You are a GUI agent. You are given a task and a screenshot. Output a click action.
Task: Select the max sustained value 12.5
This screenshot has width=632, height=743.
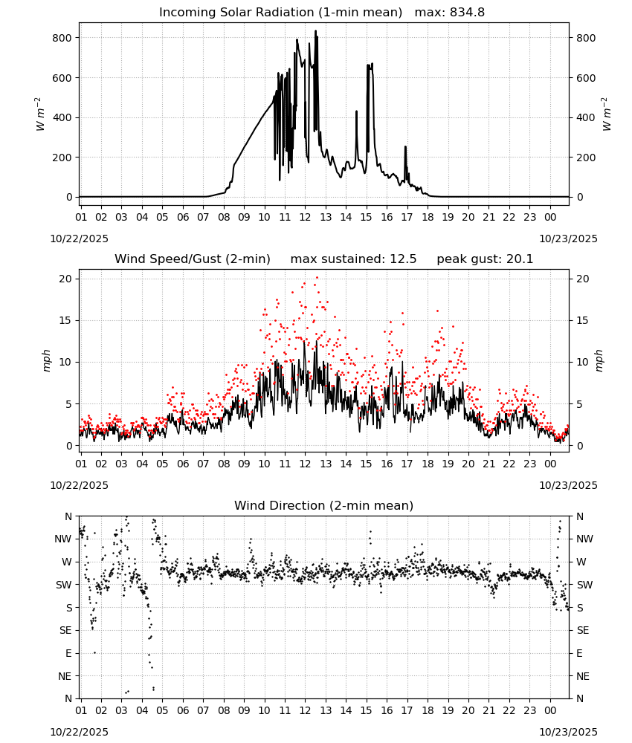(403, 259)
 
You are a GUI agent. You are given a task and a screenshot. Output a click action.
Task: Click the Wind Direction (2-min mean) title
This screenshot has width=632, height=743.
(324, 505)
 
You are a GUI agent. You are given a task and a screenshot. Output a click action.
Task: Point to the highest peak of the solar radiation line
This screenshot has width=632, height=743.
(315, 31)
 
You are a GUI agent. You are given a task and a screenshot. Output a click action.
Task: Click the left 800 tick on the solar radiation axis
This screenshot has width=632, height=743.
(62, 38)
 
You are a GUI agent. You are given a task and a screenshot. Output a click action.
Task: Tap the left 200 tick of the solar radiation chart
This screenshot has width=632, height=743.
(62, 158)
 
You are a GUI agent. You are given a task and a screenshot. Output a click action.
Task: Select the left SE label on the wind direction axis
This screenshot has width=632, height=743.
(65, 630)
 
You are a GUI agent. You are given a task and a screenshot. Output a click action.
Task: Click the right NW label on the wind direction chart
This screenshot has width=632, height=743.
(584, 539)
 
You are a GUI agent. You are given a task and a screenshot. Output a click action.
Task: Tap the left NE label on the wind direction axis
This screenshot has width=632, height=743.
(65, 676)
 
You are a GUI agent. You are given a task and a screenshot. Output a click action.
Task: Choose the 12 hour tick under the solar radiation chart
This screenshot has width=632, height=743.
(305, 217)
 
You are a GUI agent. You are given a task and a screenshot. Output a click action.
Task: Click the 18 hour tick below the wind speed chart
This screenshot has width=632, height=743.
(428, 464)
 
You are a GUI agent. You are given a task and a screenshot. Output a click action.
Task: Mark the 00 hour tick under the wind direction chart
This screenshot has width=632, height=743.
(550, 710)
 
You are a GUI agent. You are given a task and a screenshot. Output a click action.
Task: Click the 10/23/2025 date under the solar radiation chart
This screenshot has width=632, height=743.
(568, 239)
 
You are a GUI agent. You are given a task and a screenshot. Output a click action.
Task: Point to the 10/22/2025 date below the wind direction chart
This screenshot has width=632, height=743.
(79, 732)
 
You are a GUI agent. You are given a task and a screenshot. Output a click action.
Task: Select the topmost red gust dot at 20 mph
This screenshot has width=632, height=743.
(317, 278)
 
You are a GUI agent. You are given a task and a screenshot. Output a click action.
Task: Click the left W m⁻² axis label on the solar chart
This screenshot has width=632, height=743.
(40, 114)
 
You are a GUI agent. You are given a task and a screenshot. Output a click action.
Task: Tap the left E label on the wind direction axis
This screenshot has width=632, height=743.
(68, 653)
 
